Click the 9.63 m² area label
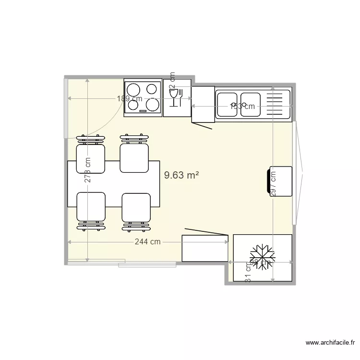pos(181,176)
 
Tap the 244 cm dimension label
pos(147,242)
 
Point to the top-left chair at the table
pos(90,157)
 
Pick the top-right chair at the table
pos(134,157)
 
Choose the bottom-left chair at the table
pos(91,207)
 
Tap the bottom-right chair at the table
pos(136,208)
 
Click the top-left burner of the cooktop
pos(132,89)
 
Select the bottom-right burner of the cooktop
pos(152,104)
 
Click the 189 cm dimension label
pos(130,98)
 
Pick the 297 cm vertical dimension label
pos(273,182)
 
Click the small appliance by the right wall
pos(280,180)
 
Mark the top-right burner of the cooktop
pos(153,88)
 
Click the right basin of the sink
pos(250,104)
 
